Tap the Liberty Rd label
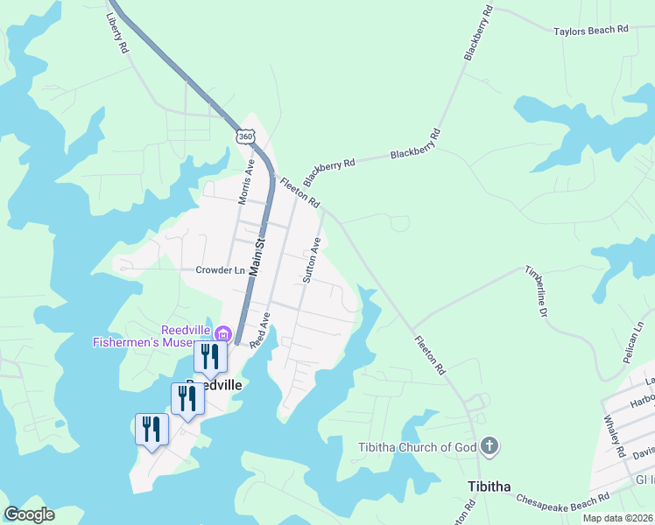point(116,33)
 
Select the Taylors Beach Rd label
point(591,30)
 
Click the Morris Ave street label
point(247,182)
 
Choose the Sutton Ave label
point(312,259)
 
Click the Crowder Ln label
point(220,270)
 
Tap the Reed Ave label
point(259,332)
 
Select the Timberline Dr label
point(536,291)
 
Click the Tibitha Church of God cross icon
point(489,447)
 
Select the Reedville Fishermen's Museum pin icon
point(223,334)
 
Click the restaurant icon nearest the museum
point(210,355)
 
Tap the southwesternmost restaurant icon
point(151,429)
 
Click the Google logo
point(29,514)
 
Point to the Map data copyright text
point(618,518)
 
